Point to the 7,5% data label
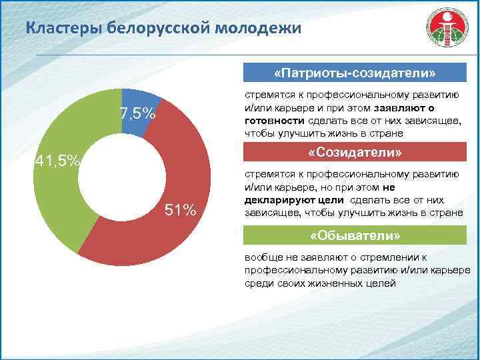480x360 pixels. [138, 115]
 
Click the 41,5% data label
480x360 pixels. [57, 161]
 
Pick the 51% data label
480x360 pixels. [180, 211]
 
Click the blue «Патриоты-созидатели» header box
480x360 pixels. [355, 72]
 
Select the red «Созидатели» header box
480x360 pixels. [355, 153]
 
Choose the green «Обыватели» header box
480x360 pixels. [355, 237]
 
